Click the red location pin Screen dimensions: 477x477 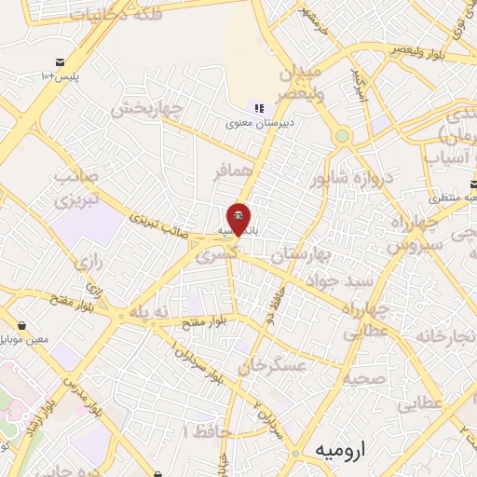pyautogui.click(x=238, y=220)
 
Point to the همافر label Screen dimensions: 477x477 pyautogui.click(x=233, y=172)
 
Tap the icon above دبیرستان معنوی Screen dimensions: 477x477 pyautogui.click(x=259, y=108)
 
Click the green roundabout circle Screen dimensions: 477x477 pyautogui.click(x=343, y=137)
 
